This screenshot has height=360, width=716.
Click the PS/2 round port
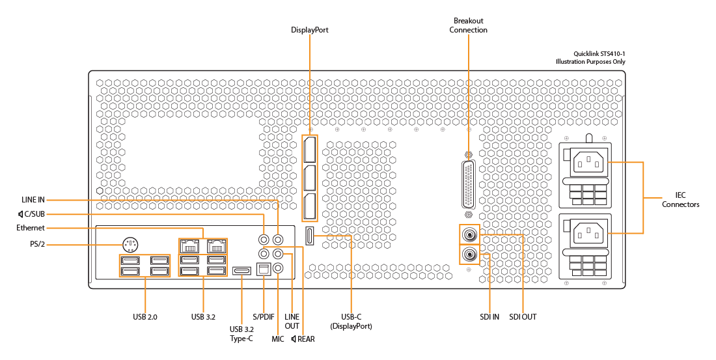tap(131, 245)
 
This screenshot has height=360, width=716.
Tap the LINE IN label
tap(33, 200)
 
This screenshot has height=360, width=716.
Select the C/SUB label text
tap(34, 214)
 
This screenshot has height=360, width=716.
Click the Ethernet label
tap(31, 227)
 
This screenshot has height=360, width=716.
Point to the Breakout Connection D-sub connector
tap(468, 186)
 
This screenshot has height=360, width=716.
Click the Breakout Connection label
tap(468, 25)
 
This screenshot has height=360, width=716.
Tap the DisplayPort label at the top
tap(310, 30)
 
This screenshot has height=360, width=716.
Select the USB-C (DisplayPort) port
tap(310, 236)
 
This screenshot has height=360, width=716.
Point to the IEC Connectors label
tap(681, 200)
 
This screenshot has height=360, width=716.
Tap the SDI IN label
tap(489, 316)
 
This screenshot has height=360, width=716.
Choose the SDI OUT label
tap(523, 316)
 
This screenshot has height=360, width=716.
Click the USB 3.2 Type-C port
tap(241, 271)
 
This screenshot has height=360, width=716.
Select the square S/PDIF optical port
tap(264, 270)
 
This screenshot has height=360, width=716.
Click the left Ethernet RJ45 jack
tap(189, 246)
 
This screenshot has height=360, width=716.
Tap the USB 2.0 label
tap(145, 316)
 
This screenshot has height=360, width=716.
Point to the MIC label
tap(278, 339)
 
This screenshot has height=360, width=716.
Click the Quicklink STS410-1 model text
tap(599, 54)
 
